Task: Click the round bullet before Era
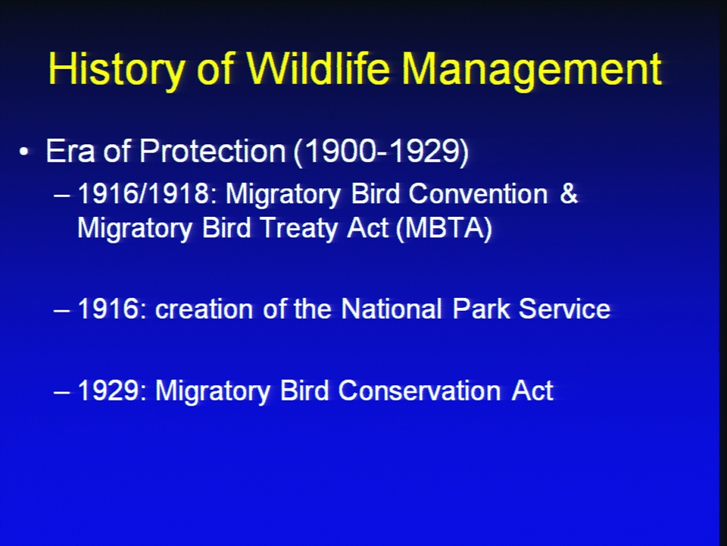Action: [x=23, y=152]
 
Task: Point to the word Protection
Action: [x=212, y=151]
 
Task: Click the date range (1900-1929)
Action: [x=381, y=152]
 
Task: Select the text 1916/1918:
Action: [x=148, y=193]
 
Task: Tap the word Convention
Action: [x=478, y=193]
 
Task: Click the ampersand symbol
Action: [x=569, y=193]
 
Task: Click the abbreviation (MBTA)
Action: [x=445, y=228]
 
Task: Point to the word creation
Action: [x=204, y=309]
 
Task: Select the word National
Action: [x=392, y=309]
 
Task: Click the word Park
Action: [x=482, y=309]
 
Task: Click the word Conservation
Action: [x=420, y=391]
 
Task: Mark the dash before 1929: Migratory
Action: [x=62, y=392]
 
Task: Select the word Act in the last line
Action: [x=532, y=391]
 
